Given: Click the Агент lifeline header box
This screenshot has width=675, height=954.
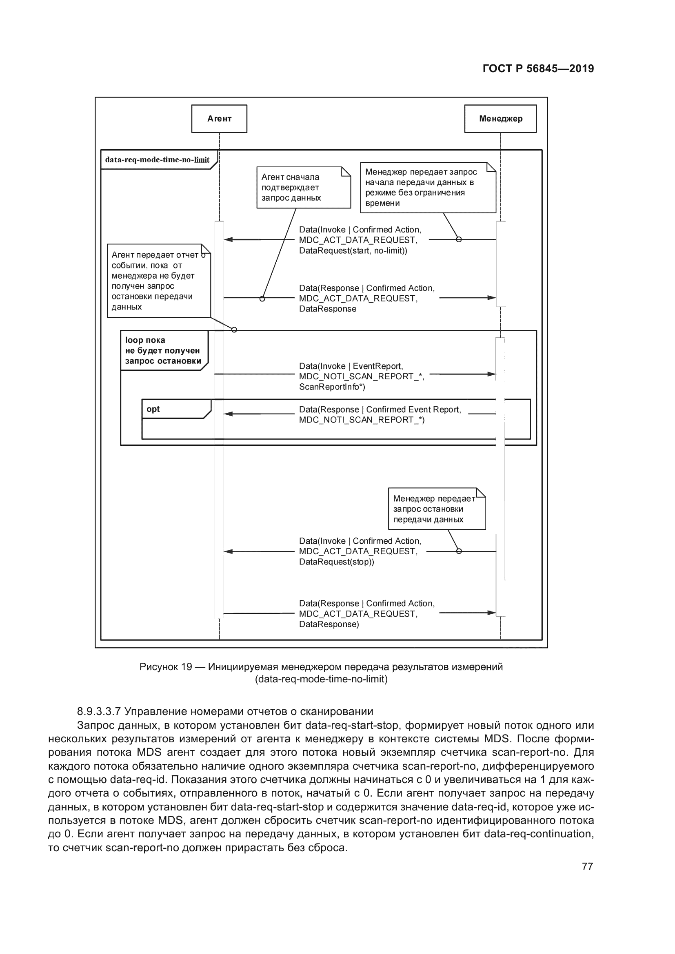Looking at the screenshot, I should [219, 119].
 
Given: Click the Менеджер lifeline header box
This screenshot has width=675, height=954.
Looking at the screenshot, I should [500, 119].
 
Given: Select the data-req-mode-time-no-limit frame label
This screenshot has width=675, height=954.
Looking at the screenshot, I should [157, 160].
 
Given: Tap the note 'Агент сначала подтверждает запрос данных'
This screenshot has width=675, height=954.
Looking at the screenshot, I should [303, 187].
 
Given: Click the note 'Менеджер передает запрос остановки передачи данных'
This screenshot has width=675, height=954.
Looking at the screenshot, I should [436, 509].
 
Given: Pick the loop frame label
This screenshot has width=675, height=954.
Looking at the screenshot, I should [163, 350].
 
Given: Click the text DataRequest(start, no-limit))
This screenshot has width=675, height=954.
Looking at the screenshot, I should [353, 250].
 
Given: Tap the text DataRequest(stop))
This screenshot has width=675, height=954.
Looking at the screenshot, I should [336, 562].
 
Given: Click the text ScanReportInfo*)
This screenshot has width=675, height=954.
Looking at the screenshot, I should [332, 387].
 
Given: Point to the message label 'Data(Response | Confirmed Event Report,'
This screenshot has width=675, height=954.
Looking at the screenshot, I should [380, 409].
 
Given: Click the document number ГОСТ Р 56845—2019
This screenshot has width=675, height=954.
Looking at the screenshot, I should [538, 69].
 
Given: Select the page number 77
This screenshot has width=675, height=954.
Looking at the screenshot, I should [587, 866].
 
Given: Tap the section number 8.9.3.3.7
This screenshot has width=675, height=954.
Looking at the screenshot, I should [98, 711].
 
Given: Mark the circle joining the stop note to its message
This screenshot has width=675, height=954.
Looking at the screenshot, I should [459, 551].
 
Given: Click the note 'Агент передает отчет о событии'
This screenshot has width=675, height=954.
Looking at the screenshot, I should [158, 281].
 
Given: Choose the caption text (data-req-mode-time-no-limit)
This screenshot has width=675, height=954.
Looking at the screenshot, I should [321, 679].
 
